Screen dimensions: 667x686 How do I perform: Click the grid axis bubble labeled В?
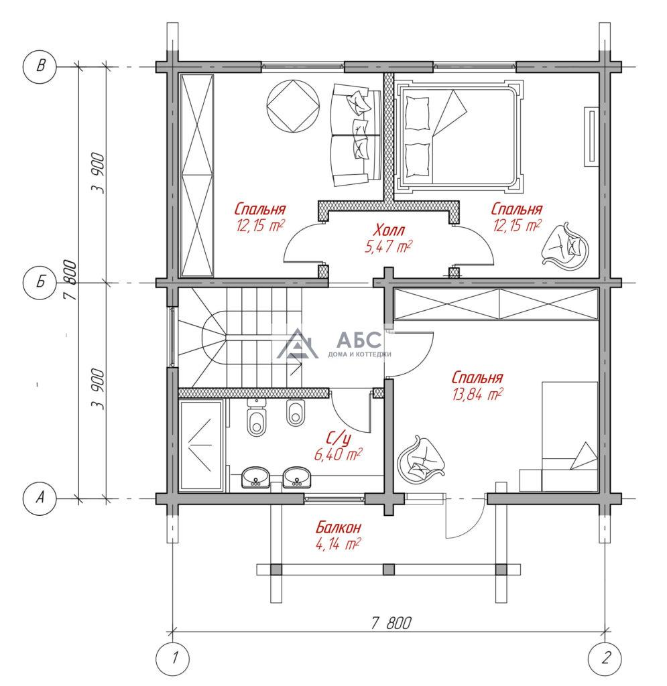(40, 66)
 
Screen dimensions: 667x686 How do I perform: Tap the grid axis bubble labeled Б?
(40, 282)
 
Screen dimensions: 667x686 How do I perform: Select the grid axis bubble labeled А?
(40, 498)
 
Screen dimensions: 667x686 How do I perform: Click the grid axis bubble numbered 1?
(173, 658)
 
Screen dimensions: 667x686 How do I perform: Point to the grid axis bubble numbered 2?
(605, 658)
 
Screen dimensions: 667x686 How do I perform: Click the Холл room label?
(389, 230)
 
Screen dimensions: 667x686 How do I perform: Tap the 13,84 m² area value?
(477, 394)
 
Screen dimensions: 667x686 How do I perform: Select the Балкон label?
(339, 527)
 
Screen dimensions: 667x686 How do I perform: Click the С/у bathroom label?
(339, 437)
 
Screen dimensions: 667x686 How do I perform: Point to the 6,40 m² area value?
(339, 455)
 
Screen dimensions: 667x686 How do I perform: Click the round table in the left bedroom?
(292, 105)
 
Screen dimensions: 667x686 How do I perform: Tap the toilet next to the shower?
(256, 417)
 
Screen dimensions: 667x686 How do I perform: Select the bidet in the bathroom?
(296, 412)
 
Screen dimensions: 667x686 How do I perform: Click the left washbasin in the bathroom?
(255, 476)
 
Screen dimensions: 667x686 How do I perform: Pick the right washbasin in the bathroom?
(297, 476)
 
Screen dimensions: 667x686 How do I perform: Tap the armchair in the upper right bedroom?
(564, 244)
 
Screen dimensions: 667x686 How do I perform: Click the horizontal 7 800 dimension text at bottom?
(391, 622)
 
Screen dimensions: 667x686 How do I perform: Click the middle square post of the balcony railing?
(389, 569)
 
